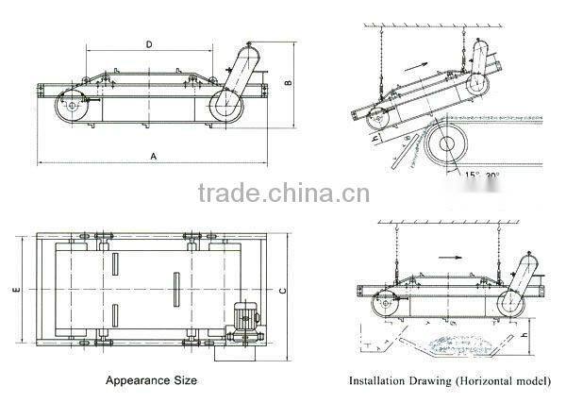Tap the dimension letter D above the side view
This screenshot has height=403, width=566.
coord(149,43)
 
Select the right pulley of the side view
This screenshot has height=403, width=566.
coord(225,105)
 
